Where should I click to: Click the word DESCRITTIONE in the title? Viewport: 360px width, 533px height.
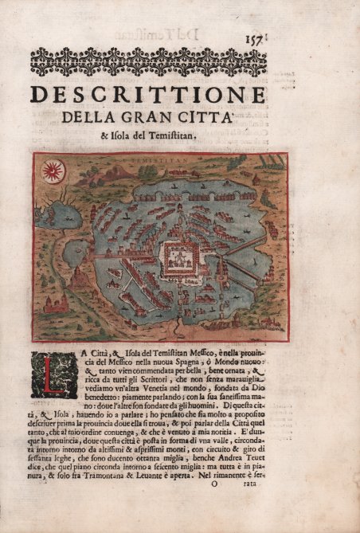(x=147, y=95)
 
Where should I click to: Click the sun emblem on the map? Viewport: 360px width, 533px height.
(x=53, y=170)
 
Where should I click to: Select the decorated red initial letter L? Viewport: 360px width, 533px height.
(x=54, y=375)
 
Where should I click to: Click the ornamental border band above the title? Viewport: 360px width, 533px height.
(x=147, y=61)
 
